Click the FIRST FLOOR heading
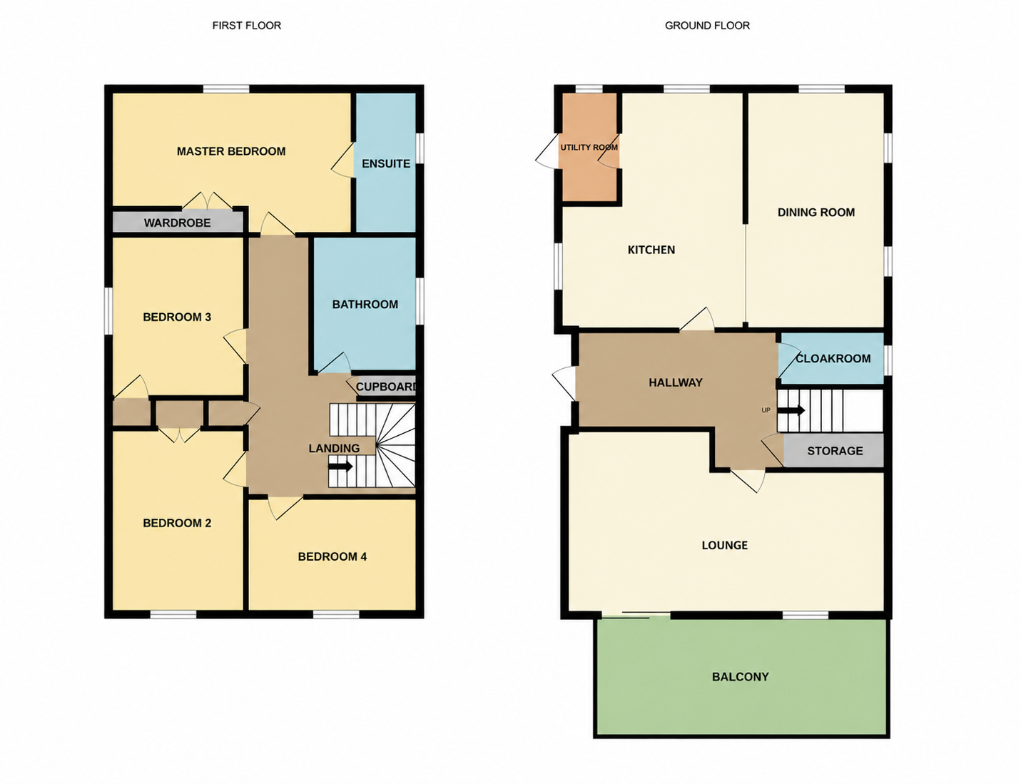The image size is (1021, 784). point(246,26)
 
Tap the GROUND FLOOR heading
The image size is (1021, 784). point(707,26)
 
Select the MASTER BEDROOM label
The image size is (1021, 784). point(231,151)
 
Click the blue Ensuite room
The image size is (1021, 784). point(386,162)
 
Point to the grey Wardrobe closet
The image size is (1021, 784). point(178,222)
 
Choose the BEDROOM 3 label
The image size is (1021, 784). point(177,317)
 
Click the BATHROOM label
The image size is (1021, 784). point(365,305)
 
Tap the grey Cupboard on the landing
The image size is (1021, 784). point(386,386)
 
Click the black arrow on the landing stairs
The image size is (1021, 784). point(340,467)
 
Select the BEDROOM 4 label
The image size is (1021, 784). point(332,556)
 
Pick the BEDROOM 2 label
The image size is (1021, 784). point(177,523)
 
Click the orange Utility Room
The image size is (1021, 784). point(589,147)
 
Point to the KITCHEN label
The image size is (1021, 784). point(651,250)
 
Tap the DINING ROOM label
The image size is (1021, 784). point(816,213)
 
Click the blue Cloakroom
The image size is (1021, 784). point(832,358)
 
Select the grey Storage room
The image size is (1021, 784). point(833,450)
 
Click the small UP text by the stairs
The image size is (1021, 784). point(766,410)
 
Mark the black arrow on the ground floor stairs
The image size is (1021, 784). point(791,411)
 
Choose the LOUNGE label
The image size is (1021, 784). point(724,545)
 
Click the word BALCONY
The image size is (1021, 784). point(741,677)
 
